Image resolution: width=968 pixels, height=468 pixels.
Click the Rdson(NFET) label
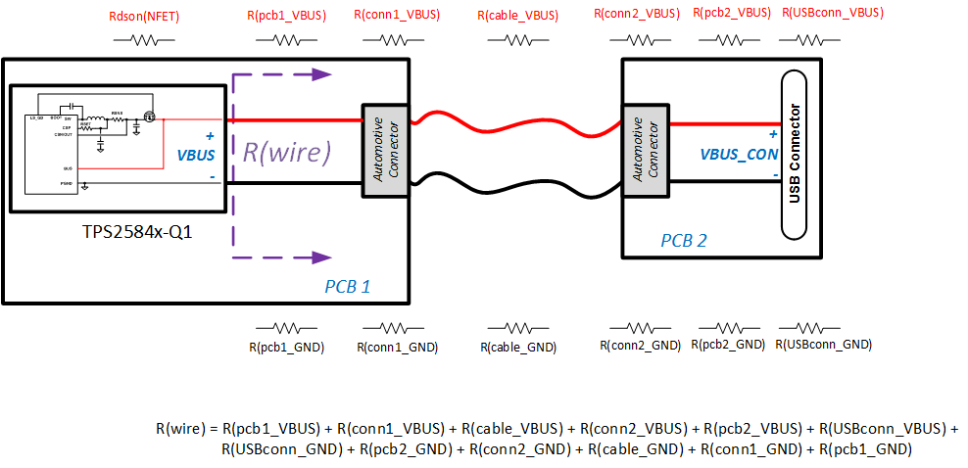click(144, 18)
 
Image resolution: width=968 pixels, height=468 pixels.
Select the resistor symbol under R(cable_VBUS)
click(517, 40)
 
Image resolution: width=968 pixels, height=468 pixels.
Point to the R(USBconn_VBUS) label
click(834, 14)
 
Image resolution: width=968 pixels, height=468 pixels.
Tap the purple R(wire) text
click(287, 152)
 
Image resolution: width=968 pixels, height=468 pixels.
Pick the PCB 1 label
click(348, 287)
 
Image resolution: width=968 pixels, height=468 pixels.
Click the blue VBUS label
click(195, 155)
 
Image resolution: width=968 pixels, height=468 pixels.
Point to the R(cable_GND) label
click(518, 347)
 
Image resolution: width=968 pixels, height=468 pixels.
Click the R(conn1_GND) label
click(397, 347)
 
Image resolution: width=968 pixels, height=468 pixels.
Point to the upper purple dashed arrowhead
click(320, 74)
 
